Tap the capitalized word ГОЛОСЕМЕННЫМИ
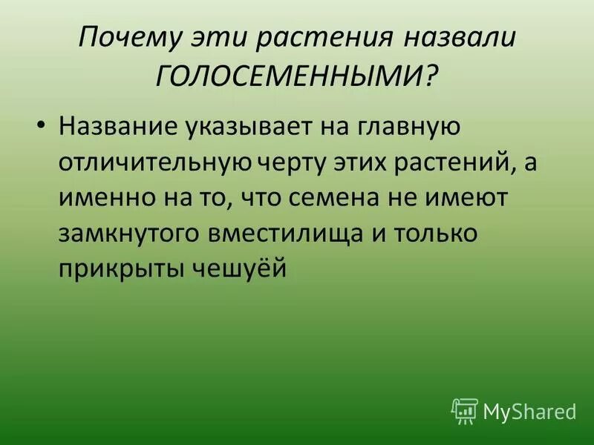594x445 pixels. pyautogui.click(x=286, y=76)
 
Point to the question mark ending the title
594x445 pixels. pyautogui.click(x=431, y=76)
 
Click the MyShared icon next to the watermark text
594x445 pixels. pyautogui.click(x=465, y=409)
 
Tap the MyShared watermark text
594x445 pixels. pyautogui.click(x=529, y=410)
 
